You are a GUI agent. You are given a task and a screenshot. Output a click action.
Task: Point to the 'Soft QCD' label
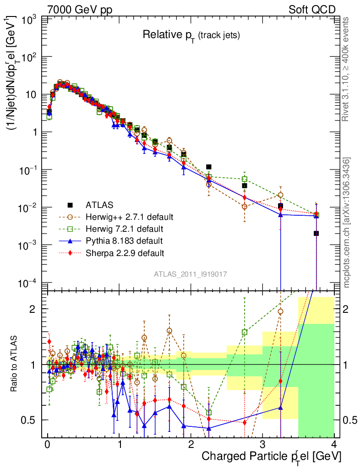[311, 10]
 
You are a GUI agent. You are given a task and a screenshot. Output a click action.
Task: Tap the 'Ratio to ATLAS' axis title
[15, 364]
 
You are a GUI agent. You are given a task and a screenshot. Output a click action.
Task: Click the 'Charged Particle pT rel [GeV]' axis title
[272, 456]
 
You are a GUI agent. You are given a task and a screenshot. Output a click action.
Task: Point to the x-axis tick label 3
[262, 444]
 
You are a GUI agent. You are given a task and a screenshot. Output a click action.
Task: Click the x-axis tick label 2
[191, 444]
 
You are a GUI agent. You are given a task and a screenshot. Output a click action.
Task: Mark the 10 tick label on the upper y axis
[29, 95]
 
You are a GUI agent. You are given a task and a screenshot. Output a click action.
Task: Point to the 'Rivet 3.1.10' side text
[347, 69]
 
